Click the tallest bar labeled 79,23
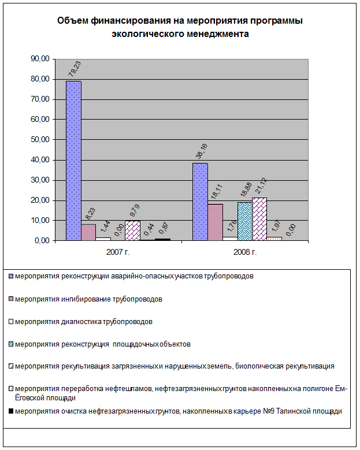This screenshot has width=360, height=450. point(73,161)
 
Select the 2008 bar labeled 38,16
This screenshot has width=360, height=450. point(200,202)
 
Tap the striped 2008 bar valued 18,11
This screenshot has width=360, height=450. point(215,222)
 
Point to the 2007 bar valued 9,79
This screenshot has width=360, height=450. point(133,230)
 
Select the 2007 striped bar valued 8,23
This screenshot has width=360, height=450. point(88,232)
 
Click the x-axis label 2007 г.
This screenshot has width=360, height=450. point(118,252)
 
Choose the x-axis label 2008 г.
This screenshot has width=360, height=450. point(244,252)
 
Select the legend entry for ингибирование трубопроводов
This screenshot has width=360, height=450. point(88,299)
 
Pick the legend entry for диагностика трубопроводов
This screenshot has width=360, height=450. point(84,321)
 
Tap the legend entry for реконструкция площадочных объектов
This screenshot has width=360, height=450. point(102,344)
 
